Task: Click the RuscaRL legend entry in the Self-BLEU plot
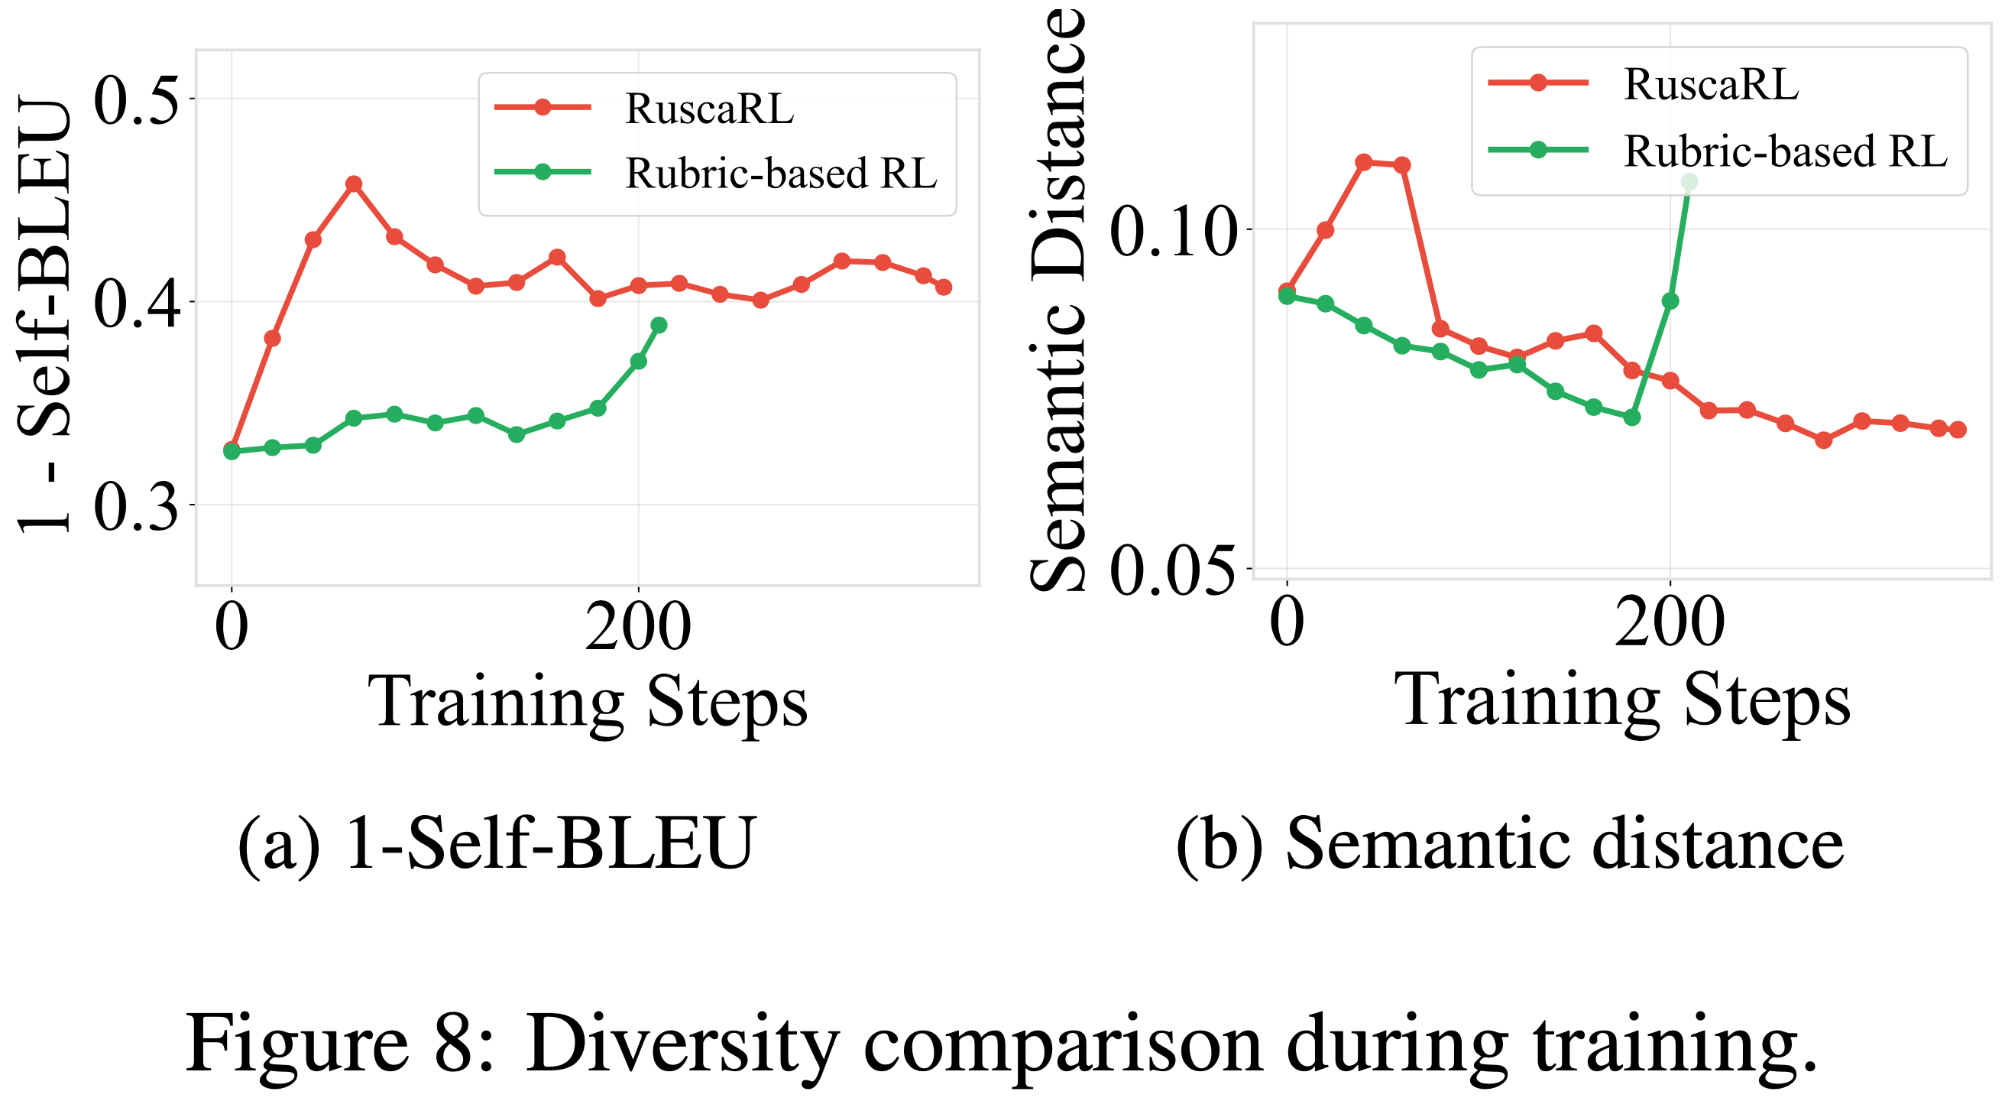click(x=708, y=109)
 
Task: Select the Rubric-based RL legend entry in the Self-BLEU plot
click(x=780, y=174)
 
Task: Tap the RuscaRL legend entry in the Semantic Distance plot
click(x=1711, y=84)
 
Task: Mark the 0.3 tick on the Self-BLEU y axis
click(x=137, y=505)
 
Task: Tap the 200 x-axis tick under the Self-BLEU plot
click(x=638, y=628)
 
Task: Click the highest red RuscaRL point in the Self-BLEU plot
click(x=353, y=183)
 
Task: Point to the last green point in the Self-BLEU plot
click(x=659, y=325)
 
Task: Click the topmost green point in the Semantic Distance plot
click(x=1689, y=182)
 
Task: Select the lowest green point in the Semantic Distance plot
click(x=1632, y=418)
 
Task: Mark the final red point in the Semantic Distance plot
click(x=1958, y=430)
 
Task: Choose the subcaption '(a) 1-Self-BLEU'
click(x=497, y=843)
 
